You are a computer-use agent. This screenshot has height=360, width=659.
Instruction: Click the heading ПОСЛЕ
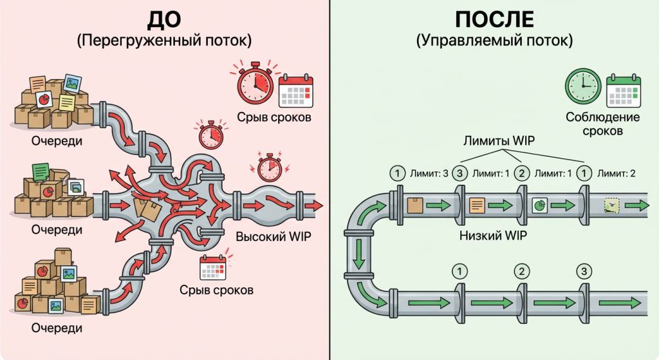[494, 20]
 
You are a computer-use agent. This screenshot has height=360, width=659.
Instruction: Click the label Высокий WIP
[274, 236]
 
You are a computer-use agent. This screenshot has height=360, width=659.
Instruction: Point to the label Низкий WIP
[493, 236]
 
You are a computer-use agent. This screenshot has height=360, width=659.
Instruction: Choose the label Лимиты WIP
[494, 140]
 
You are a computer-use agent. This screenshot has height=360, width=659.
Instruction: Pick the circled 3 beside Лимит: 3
[459, 173]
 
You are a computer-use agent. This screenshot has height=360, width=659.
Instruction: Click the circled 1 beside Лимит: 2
[584, 173]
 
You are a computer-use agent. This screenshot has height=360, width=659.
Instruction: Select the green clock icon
[582, 88]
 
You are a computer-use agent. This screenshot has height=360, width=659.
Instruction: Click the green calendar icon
[624, 91]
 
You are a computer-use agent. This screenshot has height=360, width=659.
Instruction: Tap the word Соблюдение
[602, 117]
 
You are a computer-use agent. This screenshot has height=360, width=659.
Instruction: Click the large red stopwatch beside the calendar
[255, 84]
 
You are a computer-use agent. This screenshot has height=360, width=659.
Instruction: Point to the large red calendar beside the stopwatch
[295, 91]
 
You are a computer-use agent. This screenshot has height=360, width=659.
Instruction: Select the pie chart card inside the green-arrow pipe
[539, 205]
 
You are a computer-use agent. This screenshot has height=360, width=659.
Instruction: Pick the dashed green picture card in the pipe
[611, 205]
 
